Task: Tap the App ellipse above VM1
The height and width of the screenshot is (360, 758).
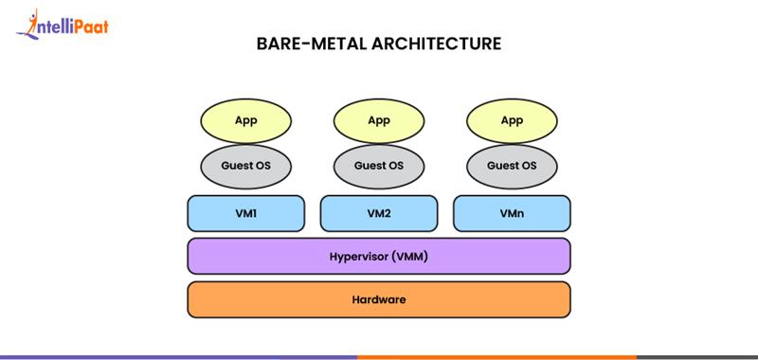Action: [246, 120]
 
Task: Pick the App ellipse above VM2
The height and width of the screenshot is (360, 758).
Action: [379, 120]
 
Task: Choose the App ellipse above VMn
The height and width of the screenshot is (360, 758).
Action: [512, 120]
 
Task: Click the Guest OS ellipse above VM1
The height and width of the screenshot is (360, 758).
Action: [246, 166]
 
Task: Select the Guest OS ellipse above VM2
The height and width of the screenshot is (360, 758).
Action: [379, 166]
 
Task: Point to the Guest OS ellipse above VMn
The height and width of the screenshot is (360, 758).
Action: [512, 166]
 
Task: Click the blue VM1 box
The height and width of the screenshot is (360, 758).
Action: [246, 214]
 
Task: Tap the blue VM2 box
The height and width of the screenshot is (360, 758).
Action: [379, 214]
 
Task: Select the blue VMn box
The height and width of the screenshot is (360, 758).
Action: [512, 214]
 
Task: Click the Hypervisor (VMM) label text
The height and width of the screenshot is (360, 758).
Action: [379, 256]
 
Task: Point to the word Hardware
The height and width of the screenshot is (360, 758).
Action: [379, 299]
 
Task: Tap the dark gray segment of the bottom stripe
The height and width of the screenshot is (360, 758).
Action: [696, 357]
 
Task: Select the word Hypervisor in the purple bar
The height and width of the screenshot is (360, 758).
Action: [358, 256]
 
